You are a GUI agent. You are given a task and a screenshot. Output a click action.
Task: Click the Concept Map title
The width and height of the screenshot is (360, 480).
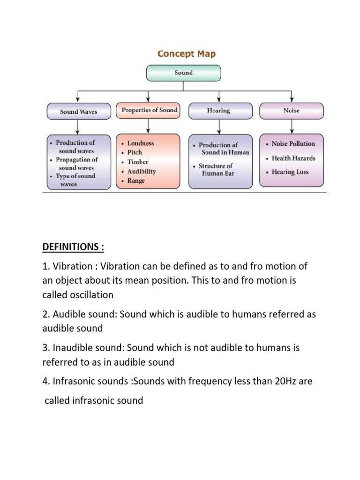[187, 54]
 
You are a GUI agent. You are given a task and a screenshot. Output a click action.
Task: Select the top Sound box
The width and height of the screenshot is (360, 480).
[183, 73]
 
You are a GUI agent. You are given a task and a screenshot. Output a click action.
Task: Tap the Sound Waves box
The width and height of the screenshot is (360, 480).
[78, 112]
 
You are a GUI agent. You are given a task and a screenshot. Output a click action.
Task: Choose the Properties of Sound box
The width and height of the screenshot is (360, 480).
[149, 110]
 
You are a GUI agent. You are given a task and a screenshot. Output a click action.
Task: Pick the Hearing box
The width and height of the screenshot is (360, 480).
[218, 111]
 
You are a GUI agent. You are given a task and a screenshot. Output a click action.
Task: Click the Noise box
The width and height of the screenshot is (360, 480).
[291, 111]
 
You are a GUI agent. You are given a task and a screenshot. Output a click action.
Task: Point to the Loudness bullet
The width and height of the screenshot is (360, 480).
[140, 143]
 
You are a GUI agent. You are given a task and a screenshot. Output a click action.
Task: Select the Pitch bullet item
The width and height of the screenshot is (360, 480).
[134, 152]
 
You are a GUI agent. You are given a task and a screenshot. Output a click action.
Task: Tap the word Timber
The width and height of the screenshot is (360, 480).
[137, 162]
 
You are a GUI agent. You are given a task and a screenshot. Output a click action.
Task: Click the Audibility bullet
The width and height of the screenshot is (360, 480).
[141, 171]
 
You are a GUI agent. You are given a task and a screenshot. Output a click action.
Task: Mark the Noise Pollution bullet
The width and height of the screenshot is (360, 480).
[293, 143]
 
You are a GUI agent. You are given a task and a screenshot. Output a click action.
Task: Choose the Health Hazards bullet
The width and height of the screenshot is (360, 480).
[293, 158]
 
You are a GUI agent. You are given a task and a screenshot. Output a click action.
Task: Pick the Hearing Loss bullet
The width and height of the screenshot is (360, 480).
[290, 172]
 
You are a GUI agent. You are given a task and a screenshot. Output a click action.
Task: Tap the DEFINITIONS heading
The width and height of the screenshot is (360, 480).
[73, 247]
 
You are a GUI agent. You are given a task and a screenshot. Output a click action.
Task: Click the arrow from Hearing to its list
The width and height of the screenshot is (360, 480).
[218, 126]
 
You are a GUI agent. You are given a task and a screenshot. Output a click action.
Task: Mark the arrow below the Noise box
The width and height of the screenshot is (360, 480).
[291, 126]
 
